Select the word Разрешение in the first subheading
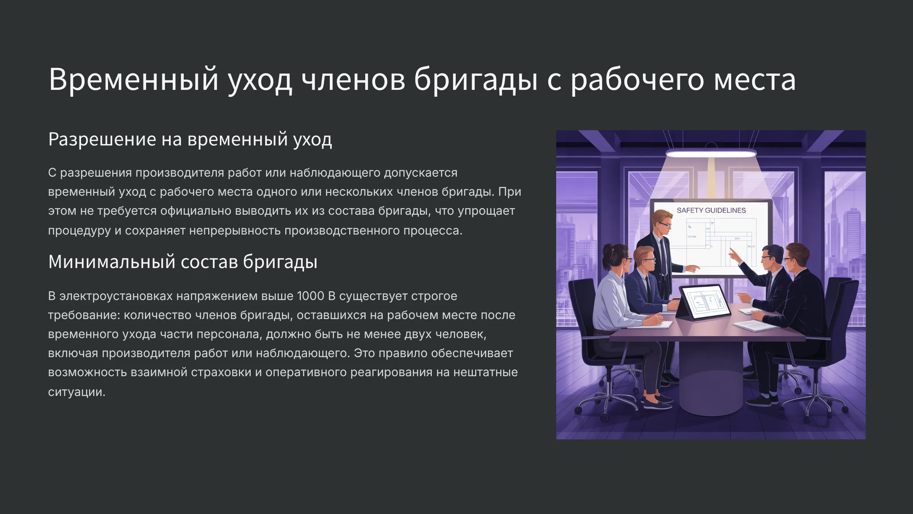pyautogui.click(x=102, y=139)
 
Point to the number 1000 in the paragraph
pyautogui.click(x=310, y=296)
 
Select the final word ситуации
pyautogui.click(x=76, y=392)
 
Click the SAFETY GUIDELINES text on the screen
pyautogui.click(x=711, y=211)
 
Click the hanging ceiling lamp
pyautogui.click(x=711, y=153)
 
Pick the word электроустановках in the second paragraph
pyautogui.click(x=116, y=296)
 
